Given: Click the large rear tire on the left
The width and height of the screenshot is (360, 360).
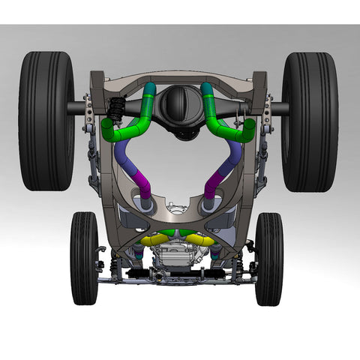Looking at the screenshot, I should pyautogui.click(x=46, y=121).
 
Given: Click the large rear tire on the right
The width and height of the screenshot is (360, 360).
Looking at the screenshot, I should pyautogui.click(x=310, y=121).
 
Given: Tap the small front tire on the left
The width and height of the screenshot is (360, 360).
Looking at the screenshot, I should pyautogui.click(x=84, y=259).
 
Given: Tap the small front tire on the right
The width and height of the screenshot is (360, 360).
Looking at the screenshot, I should pyautogui.click(x=268, y=259).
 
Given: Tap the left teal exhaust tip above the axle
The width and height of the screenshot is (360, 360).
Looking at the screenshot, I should pyautogui.click(x=150, y=91).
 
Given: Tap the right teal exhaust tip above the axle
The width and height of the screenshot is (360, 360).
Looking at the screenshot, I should pyautogui.click(x=208, y=91).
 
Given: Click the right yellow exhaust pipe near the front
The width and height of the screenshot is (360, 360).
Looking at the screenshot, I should pyautogui.click(x=199, y=239).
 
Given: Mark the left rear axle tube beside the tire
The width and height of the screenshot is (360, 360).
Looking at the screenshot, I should pyautogui.click(x=81, y=108).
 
